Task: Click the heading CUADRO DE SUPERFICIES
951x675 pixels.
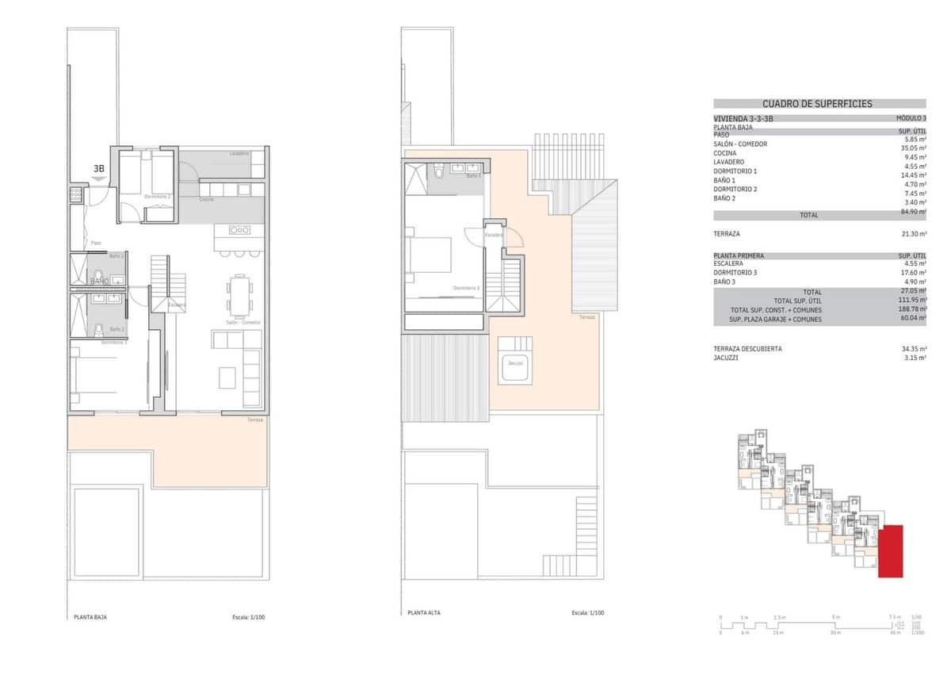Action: [817, 104]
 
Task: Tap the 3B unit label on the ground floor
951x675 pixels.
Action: [99, 168]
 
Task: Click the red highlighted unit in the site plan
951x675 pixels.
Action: [892, 550]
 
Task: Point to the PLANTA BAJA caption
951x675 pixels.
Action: [90, 616]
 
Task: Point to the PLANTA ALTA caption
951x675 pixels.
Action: [424, 613]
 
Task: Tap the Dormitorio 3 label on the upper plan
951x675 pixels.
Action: [466, 288]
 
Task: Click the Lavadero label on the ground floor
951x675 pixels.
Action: [239, 153]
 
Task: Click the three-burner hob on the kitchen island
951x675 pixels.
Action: [239, 230]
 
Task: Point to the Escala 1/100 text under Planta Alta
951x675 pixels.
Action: [588, 613]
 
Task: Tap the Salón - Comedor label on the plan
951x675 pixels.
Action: [243, 322]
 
